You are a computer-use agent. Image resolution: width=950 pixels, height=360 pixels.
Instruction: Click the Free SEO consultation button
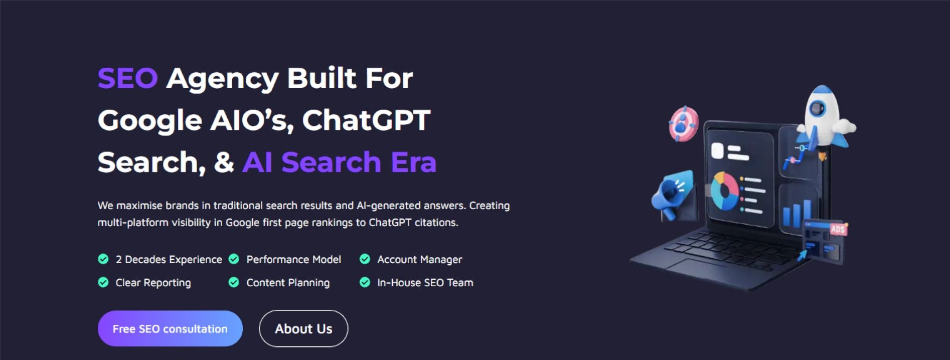(x=170, y=328)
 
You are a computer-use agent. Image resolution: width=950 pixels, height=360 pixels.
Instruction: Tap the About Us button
(x=303, y=328)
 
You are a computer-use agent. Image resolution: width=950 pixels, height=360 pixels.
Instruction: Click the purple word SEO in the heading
(x=128, y=78)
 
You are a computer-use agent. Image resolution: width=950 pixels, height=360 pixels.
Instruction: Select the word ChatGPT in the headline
(x=366, y=120)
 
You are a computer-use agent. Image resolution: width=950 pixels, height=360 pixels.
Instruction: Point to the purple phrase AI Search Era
(x=339, y=162)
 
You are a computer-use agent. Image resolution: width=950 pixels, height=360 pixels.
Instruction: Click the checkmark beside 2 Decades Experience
(x=103, y=259)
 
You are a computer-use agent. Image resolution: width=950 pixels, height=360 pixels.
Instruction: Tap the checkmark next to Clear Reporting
(x=103, y=282)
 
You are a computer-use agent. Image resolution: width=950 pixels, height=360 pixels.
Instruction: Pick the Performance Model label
(x=293, y=260)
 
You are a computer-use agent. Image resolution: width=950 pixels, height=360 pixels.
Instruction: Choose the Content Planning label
(x=288, y=283)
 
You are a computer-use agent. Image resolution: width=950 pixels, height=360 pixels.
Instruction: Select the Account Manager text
(x=419, y=260)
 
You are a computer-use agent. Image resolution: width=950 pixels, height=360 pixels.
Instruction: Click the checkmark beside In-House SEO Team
(x=365, y=282)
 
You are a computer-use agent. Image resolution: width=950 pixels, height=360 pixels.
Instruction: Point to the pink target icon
(x=683, y=124)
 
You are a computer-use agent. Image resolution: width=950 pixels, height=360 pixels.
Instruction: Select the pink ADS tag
(x=837, y=229)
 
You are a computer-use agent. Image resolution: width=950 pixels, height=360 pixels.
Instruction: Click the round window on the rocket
(x=818, y=108)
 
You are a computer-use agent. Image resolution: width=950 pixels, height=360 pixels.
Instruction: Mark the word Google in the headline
(x=150, y=120)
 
